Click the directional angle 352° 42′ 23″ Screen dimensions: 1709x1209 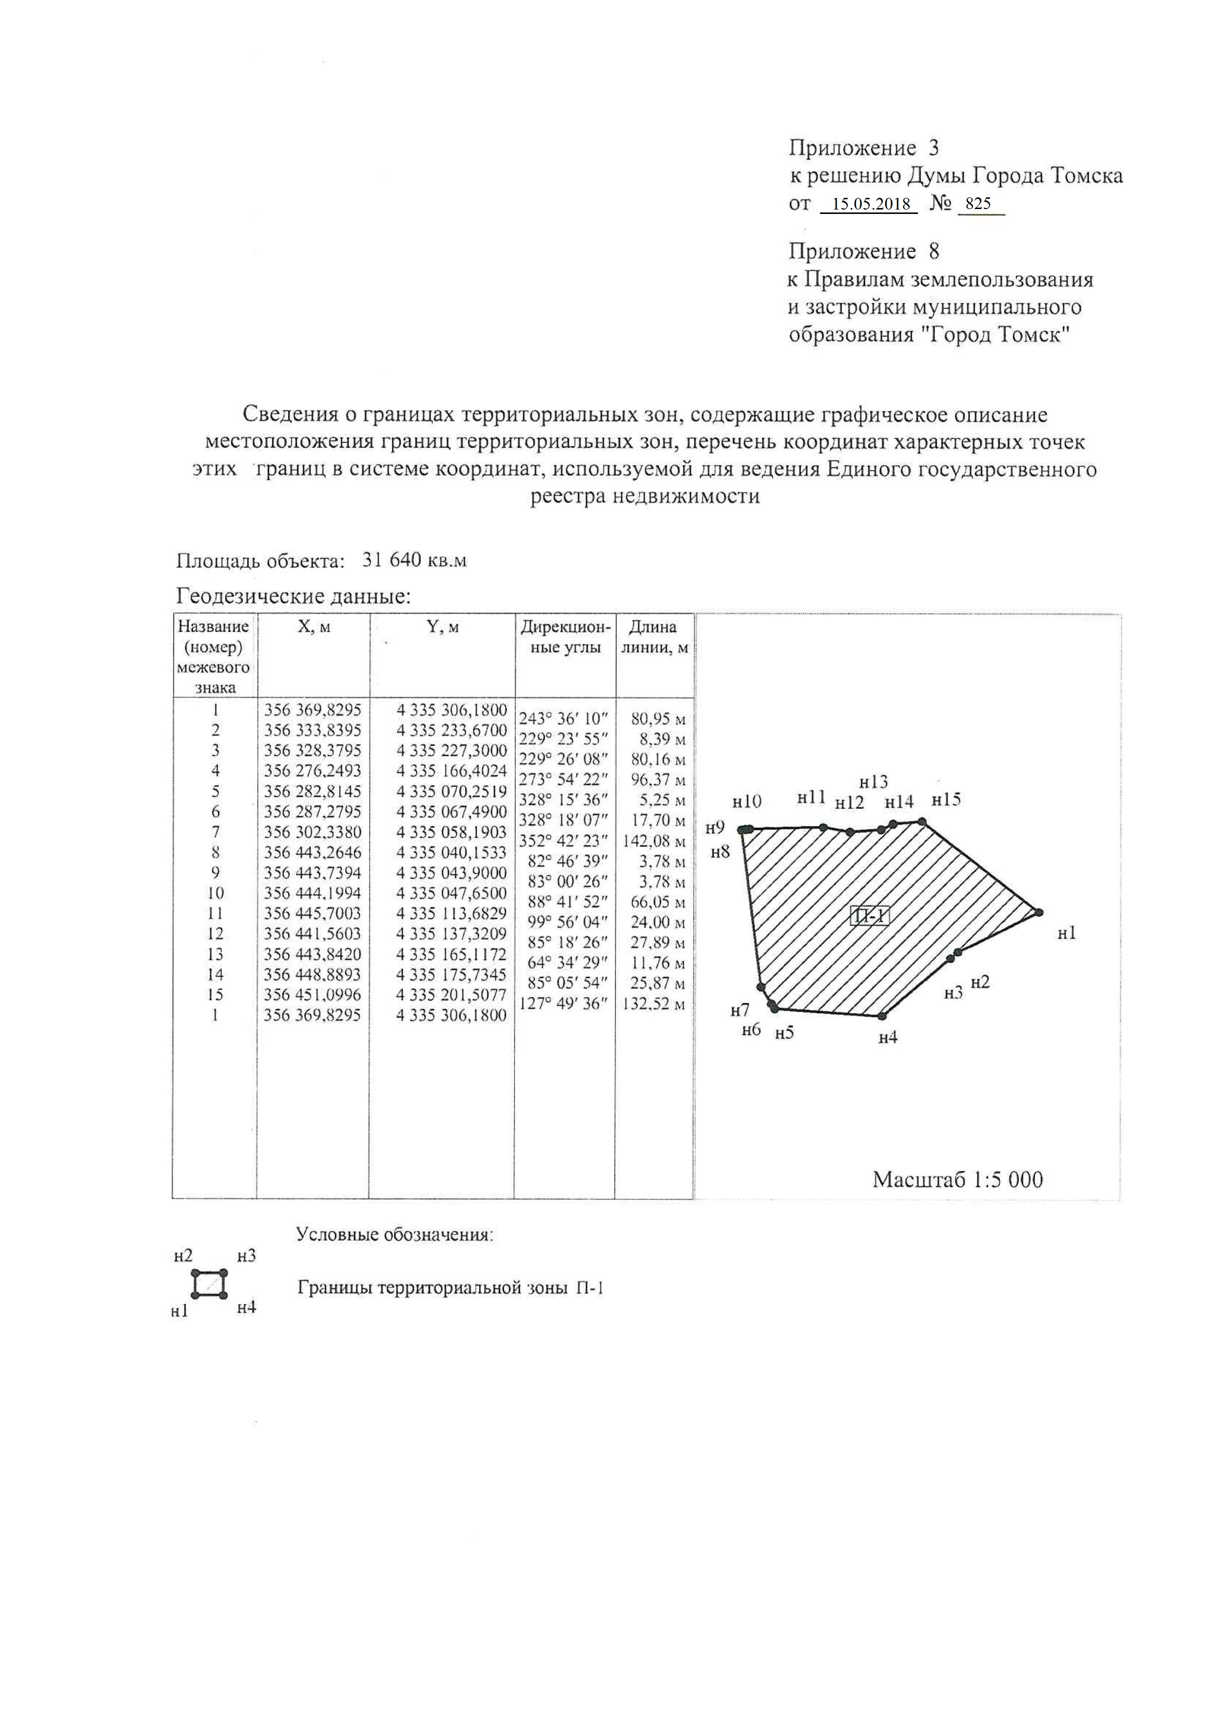pyautogui.click(x=564, y=841)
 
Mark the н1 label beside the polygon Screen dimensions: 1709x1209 pyautogui.click(x=1067, y=933)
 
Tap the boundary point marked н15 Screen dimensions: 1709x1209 pyautogui.click(x=922, y=822)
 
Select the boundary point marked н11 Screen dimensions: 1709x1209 pyautogui.click(x=823, y=827)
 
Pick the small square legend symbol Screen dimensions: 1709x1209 pyautogui.click(x=209, y=1283)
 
